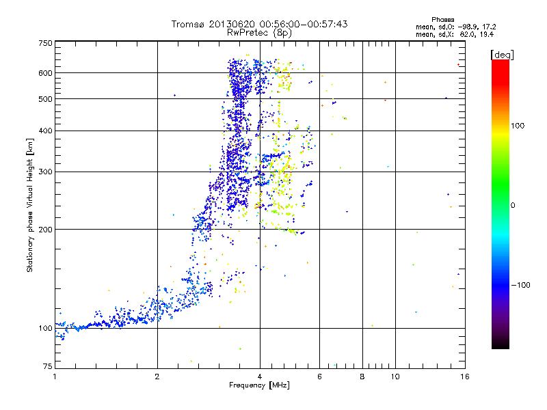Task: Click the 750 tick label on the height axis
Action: click(x=46, y=42)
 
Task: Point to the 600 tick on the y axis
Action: click(x=46, y=72)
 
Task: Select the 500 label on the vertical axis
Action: click(x=46, y=98)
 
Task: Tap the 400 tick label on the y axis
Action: click(x=46, y=131)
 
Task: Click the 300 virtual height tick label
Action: click(x=46, y=172)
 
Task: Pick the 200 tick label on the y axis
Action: click(x=46, y=229)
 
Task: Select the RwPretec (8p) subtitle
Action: click(x=259, y=32)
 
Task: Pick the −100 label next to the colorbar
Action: click(x=521, y=285)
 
